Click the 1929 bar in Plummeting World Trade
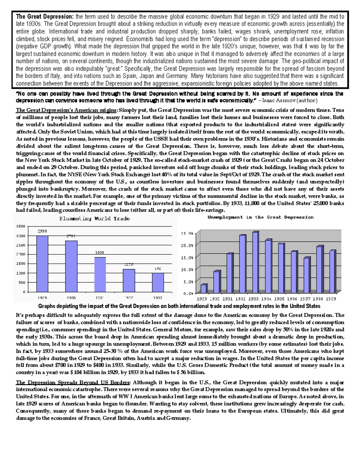pos(42,263)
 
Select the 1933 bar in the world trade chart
pos(158,282)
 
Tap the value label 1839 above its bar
pos(100,253)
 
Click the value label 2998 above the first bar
pos(42,231)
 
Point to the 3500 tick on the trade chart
pos(21,226)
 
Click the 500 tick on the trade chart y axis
pos(22,282)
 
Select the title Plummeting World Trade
pos(94,218)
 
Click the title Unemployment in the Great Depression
pos(260,217)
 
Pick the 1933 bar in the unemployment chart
pos(255,263)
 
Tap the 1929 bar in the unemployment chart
pos(204,288)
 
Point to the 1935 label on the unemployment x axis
pos(279,299)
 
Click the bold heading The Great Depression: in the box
pos(44,17)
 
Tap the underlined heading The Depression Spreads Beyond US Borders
pos(73,382)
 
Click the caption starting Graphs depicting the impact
pos(179,306)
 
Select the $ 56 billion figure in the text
pos(192,372)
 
